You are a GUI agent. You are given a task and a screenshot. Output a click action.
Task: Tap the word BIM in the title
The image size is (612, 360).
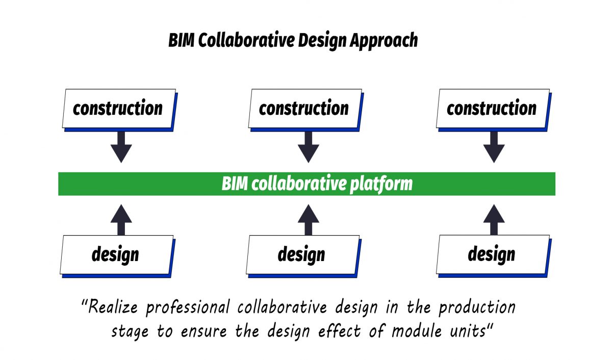point(181,40)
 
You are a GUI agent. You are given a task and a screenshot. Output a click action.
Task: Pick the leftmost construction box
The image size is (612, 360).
point(118,109)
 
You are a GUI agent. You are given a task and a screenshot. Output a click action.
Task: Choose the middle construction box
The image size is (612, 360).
point(304,109)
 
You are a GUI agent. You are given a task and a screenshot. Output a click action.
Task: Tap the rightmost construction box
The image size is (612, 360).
point(492,109)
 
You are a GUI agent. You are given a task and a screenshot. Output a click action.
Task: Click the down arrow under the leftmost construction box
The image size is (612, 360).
point(121,146)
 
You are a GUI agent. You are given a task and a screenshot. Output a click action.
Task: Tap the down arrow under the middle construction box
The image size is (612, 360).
point(308,146)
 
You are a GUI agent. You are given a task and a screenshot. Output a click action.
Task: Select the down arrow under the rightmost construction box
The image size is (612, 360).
point(494,146)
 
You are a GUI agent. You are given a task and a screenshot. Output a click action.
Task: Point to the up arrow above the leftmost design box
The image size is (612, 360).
point(121,219)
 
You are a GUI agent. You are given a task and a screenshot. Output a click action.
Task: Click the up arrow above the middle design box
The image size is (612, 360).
point(308,219)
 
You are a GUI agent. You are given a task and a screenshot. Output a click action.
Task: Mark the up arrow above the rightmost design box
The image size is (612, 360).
point(494,219)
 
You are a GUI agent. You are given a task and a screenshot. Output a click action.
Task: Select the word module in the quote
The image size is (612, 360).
point(417,331)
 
